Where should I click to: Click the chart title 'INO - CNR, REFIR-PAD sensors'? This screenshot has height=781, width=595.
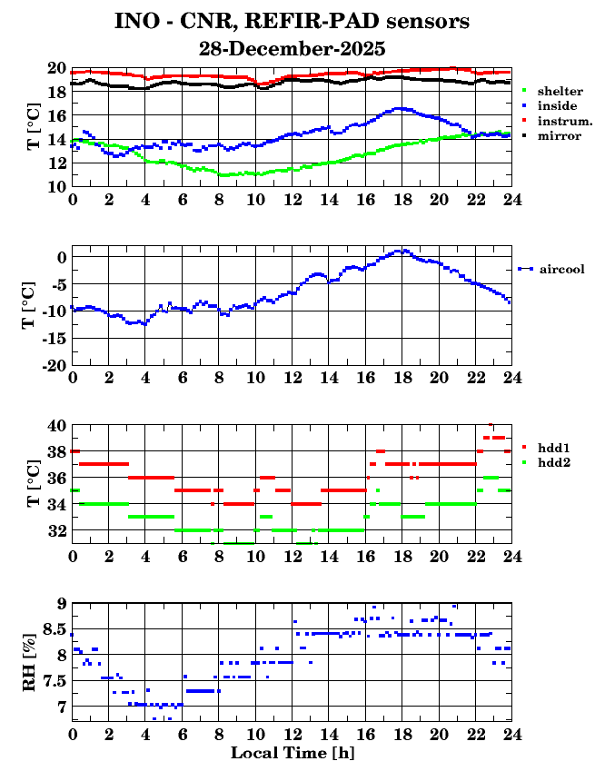292,20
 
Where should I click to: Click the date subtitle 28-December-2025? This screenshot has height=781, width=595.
292,48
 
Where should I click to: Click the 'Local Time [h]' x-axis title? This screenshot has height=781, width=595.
292,753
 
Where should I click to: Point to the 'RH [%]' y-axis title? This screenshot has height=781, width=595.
30,662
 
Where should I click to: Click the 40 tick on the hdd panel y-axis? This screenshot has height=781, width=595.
56,426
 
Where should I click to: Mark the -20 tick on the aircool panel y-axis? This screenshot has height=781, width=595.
54,365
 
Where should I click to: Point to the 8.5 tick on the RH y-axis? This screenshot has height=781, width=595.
55,628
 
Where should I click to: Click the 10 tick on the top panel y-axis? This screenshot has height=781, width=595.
56,186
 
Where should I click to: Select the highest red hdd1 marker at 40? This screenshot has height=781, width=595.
491,425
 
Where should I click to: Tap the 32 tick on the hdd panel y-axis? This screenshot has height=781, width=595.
56,530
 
